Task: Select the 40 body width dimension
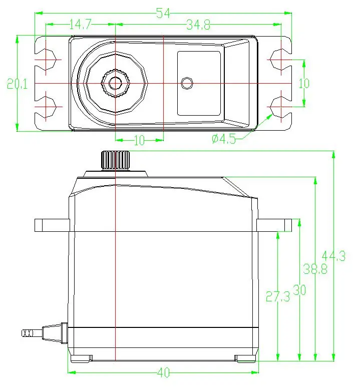click(x=163, y=373)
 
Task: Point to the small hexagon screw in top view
click(x=188, y=83)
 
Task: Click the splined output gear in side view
click(x=116, y=160)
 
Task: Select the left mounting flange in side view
click(x=51, y=225)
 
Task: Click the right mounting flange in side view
click(x=274, y=225)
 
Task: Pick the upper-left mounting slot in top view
click(x=48, y=60)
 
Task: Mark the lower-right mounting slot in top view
click(x=279, y=106)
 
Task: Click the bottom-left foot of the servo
click(x=81, y=357)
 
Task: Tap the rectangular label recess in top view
click(x=199, y=83)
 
